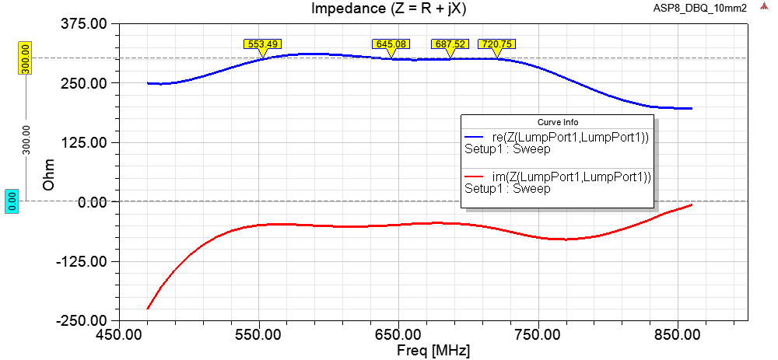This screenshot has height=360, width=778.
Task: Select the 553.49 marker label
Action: pyautogui.click(x=263, y=44)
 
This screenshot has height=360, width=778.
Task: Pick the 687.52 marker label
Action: pyautogui.click(x=450, y=44)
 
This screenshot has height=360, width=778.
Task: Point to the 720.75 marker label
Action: pyautogui.click(x=496, y=44)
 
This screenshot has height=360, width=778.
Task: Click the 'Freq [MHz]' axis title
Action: pyautogui.click(x=422, y=351)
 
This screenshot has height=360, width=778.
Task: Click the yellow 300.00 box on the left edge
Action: pyautogui.click(x=24, y=58)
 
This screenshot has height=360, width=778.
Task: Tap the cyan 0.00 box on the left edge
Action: pyautogui.click(x=12, y=201)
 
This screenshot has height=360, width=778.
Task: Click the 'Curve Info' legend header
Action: pyautogui.click(x=557, y=122)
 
